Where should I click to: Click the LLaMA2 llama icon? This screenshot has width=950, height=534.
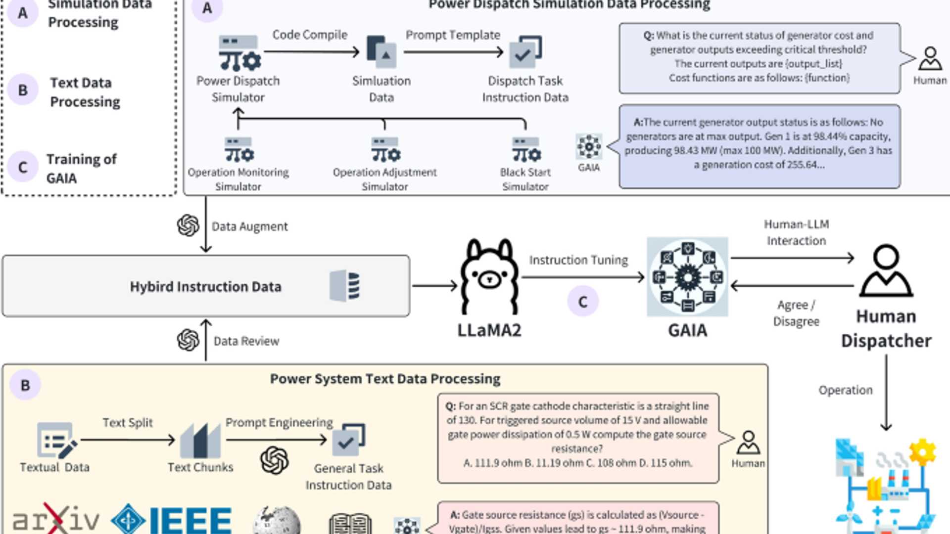489,277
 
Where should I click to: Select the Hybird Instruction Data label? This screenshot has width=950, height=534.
205,287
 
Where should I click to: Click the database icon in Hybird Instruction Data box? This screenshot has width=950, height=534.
345,286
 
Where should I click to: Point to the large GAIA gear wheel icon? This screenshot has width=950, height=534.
687,277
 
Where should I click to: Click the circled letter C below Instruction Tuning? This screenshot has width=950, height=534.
583,302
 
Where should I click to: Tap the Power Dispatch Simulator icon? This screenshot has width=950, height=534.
239,53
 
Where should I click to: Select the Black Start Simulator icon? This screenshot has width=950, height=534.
525,150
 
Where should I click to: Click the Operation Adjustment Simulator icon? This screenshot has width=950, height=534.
385,150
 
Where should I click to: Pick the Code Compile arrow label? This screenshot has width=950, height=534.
310,35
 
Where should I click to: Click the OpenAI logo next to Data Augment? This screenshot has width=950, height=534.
188,225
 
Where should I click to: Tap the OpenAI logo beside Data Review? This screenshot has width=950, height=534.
188,340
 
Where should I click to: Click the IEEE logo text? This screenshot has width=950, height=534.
190,520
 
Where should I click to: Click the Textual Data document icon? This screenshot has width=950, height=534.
56,440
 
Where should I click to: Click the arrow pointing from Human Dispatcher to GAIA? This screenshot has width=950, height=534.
792,286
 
